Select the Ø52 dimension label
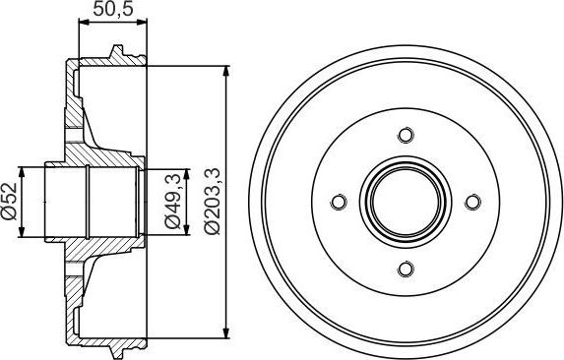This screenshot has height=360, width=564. [9, 203]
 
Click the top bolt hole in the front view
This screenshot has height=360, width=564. [404, 136]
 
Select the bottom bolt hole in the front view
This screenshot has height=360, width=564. [404, 268]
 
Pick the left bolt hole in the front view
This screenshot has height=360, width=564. [338, 202]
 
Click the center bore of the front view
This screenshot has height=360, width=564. [404, 202]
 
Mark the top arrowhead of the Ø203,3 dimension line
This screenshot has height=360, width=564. [228, 72]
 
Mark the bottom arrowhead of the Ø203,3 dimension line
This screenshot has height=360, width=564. [228, 331]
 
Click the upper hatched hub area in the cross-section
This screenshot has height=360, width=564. [89, 148]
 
